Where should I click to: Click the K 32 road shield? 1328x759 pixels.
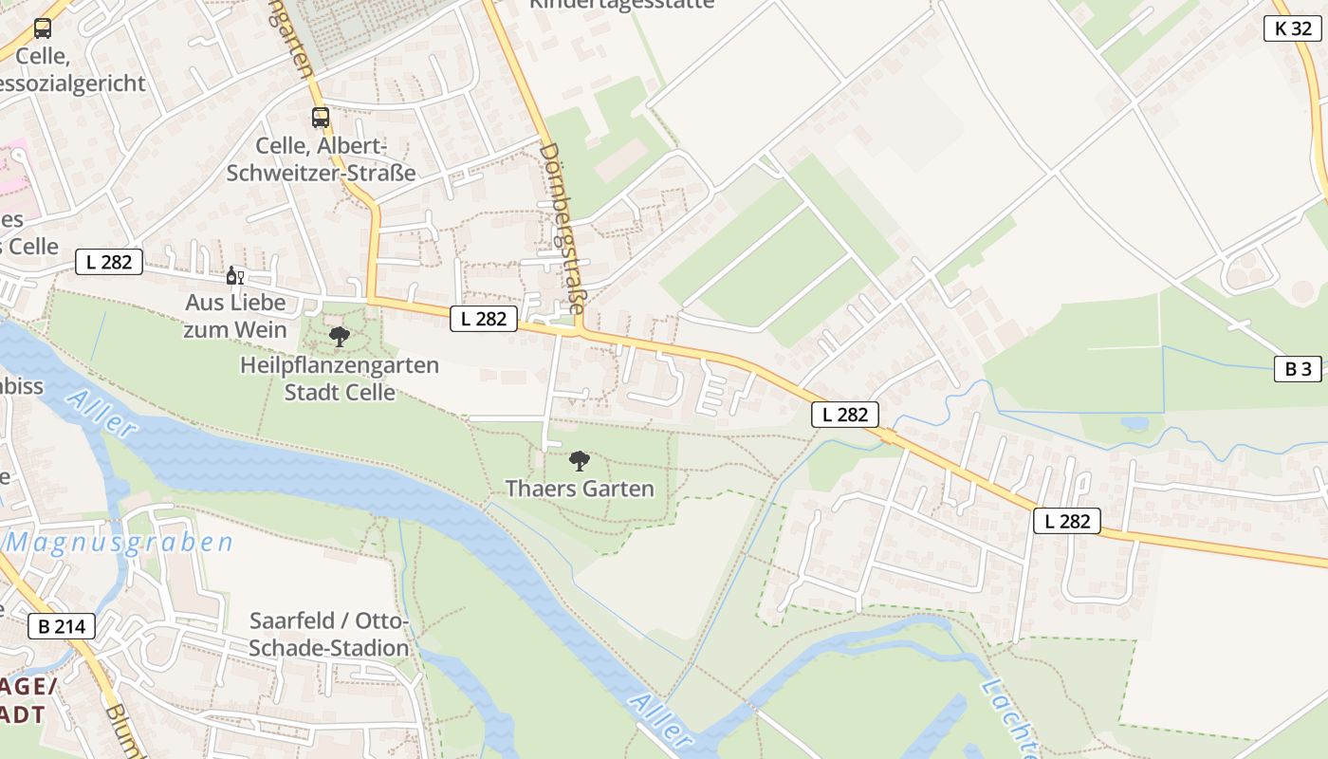click(1293, 28)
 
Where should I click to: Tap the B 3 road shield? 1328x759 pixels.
click(1297, 369)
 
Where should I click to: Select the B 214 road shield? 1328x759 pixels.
click(62, 626)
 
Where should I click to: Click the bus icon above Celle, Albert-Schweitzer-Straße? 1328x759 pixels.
click(321, 118)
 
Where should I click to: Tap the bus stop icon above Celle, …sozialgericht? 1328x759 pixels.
click(43, 28)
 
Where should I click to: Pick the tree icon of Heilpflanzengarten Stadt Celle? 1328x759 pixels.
click(339, 336)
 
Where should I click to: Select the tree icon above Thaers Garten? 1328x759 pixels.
click(579, 461)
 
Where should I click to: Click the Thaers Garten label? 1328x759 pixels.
click(580, 489)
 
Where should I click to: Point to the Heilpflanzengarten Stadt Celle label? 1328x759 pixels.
click(340, 379)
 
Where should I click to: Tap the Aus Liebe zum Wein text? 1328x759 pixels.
click(235, 316)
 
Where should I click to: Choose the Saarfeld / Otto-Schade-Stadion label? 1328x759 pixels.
click(329, 634)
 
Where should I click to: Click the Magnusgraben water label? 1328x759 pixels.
click(120, 543)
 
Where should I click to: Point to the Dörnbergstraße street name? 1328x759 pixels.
click(563, 228)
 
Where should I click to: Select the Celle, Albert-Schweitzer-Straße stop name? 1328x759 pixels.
click(321, 159)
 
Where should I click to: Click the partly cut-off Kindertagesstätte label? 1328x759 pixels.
click(620, 5)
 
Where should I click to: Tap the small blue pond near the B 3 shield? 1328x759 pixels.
click(1134, 423)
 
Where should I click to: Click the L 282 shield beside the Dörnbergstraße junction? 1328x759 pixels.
click(484, 319)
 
